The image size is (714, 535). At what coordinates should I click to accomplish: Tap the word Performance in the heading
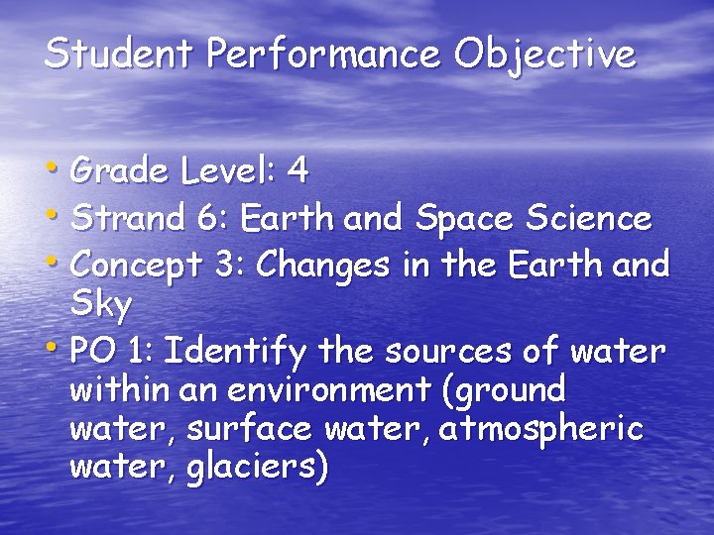coord(322,53)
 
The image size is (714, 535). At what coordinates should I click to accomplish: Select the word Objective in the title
coord(544,54)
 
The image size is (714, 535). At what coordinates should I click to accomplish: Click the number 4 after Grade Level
coord(297,171)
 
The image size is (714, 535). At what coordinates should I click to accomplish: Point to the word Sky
coord(101,306)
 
